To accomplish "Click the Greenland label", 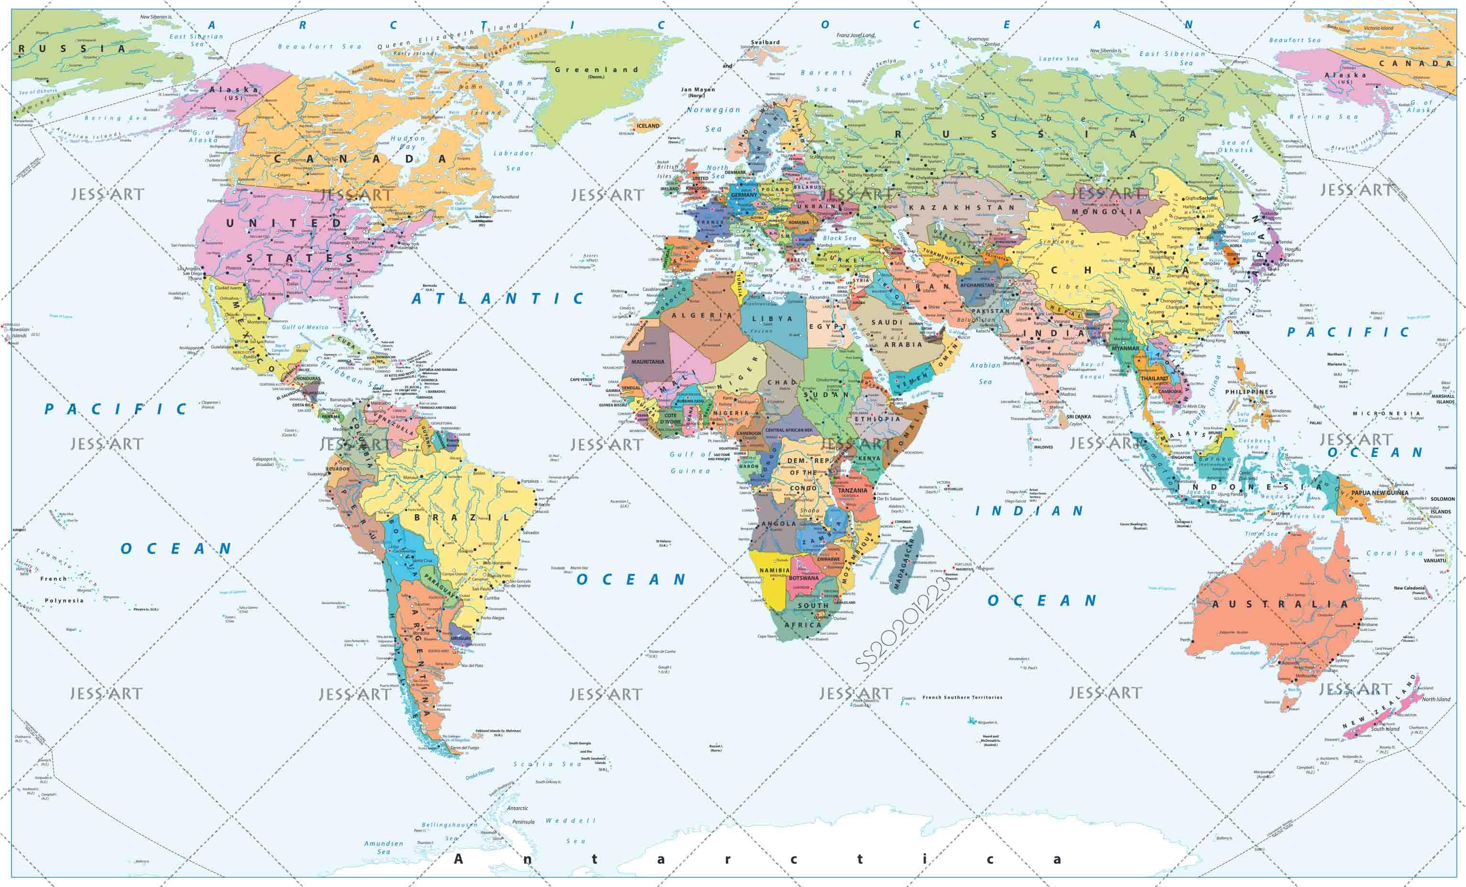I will (x=596, y=70).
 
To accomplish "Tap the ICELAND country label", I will (x=648, y=126).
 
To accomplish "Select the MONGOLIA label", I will (x=1106, y=211).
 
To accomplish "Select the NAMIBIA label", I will (x=774, y=570).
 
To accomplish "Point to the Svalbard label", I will (x=765, y=42).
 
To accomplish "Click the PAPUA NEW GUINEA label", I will (x=1379, y=493).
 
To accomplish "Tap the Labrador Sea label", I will (x=514, y=161).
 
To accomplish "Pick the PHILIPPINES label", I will (x=1249, y=392).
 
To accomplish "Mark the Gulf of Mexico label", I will (x=305, y=327).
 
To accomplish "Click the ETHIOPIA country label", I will (x=877, y=419).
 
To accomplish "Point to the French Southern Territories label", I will (x=962, y=697).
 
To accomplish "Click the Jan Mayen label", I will (x=697, y=92).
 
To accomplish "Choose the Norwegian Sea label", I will (x=713, y=119).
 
